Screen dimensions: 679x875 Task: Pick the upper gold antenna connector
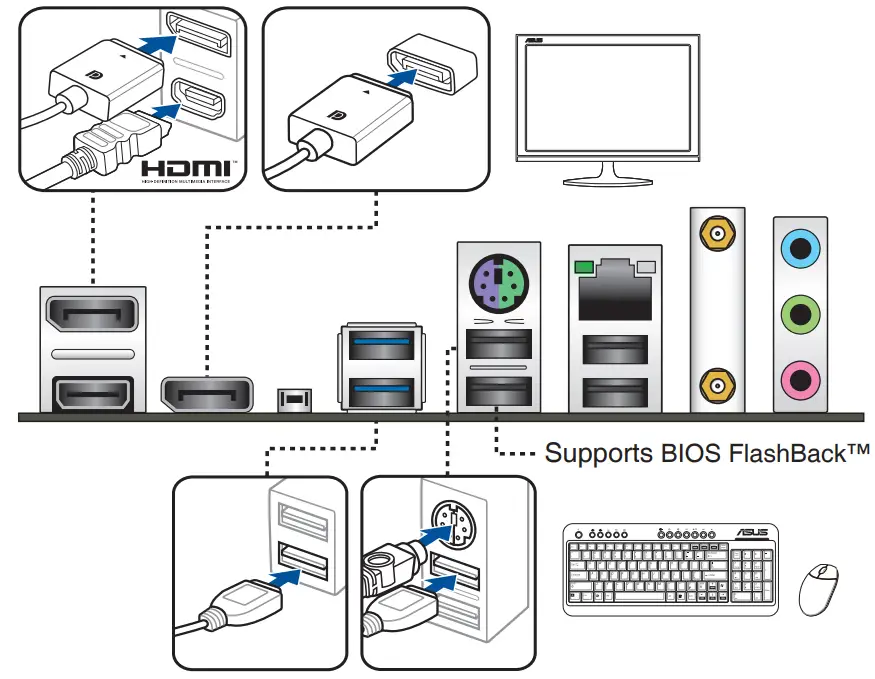coord(717,236)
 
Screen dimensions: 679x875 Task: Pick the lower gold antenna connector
coord(717,381)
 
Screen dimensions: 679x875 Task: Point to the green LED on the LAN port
coord(584,267)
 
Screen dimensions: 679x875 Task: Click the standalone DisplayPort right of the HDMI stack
coord(207,394)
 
